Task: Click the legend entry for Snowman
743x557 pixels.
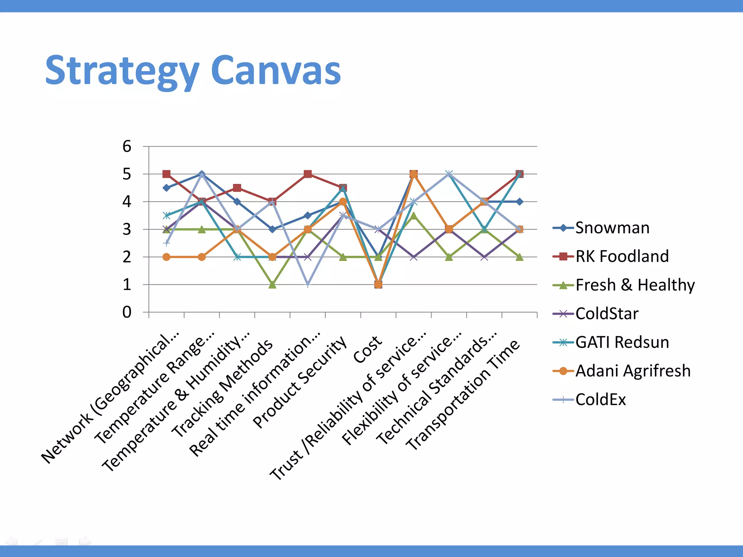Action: click(612, 228)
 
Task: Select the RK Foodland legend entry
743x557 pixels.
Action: click(622, 256)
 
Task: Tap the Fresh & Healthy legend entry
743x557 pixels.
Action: click(635, 285)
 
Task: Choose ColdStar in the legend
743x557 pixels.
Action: click(607, 314)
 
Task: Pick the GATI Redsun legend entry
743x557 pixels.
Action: click(622, 342)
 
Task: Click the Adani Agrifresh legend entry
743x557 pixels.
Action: click(633, 371)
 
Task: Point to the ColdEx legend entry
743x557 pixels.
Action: click(600, 400)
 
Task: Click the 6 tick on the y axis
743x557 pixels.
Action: click(127, 147)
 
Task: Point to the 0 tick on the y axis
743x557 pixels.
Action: click(127, 312)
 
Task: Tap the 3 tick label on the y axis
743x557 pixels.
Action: click(127, 230)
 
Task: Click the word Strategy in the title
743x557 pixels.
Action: click(122, 71)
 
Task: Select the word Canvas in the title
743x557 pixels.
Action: click(276, 71)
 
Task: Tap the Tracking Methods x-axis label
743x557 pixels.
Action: click(222, 388)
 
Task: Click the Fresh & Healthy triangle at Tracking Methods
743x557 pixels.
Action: click(272, 285)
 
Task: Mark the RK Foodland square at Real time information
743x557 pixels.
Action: click(308, 174)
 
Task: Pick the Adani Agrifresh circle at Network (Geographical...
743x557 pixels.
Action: click(167, 257)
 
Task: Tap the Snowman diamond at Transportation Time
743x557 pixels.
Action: click(520, 202)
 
